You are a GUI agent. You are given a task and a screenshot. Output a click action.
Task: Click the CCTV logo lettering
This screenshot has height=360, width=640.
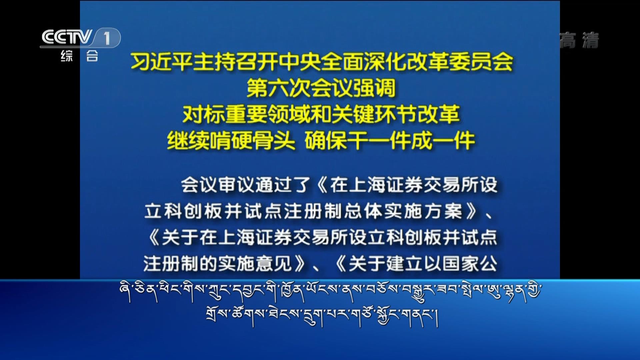(x=67, y=37)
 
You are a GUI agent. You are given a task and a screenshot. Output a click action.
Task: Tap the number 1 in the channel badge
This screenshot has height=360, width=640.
(x=107, y=38)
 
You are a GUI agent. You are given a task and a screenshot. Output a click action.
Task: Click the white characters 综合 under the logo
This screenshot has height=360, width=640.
(x=79, y=56)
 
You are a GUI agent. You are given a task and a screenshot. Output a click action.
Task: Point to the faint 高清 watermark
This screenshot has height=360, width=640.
(x=579, y=40)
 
